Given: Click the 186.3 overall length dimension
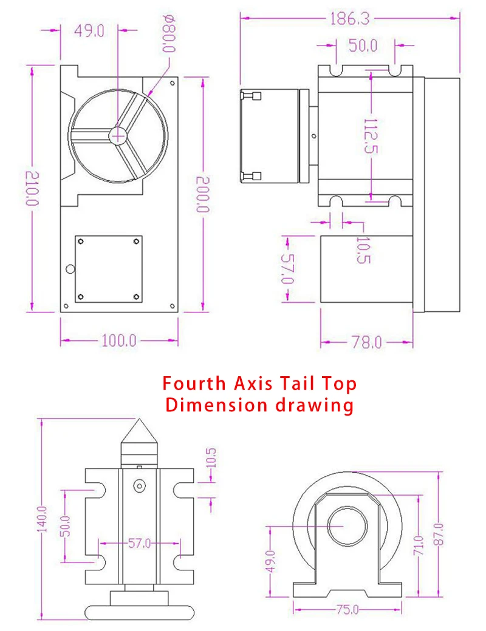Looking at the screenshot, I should [349, 18].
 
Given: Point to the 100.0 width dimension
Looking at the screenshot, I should [118, 340].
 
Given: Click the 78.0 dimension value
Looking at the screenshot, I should [366, 343].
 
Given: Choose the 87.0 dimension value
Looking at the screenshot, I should [439, 535].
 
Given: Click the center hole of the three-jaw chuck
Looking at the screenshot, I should [118, 136].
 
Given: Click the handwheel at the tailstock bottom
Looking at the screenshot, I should [140, 612].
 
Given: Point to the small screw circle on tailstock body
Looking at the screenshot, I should [141, 485].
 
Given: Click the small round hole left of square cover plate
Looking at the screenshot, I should [70, 269].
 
